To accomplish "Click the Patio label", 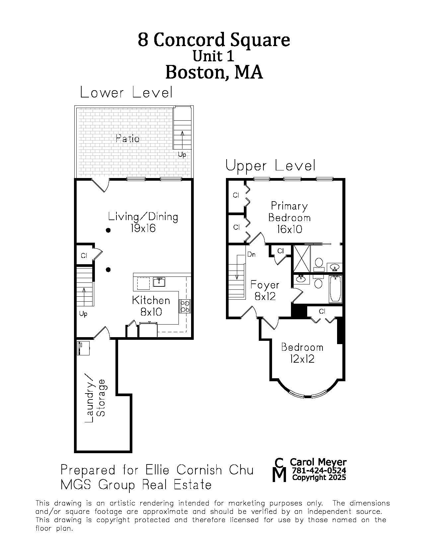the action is [127, 139].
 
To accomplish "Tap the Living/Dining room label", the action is [143, 222].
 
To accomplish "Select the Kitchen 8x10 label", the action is [151, 306].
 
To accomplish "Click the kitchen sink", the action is [159, 282].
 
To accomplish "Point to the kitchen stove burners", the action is [185, 306].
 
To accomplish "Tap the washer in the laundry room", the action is [83, 348].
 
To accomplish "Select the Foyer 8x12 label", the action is [265, 290].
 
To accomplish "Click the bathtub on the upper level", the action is [335, 289].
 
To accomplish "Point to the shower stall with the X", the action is [302, 259].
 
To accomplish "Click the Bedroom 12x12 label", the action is [302, 353].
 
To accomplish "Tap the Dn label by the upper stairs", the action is [251, 255].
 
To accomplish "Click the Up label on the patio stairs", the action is [182, 154].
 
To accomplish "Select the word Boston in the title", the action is [197, 72].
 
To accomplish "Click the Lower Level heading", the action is [126, 92].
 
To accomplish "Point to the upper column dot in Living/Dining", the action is [108, 230].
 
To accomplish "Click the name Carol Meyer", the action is [318, 462].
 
